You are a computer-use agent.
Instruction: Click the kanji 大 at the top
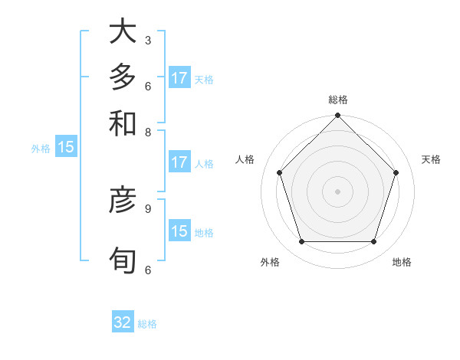click(123, 31)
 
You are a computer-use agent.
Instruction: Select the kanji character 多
click(123, 77)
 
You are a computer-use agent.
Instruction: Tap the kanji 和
click(123, 123)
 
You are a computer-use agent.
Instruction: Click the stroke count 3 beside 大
click(147, 40)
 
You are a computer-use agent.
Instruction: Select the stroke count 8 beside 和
click(147, 131)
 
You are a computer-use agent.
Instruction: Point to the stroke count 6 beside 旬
click(147, 270)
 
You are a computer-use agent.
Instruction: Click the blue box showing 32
click(123, 322)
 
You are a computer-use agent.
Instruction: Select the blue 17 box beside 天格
click(179, 78)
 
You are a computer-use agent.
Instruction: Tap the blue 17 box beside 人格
click(179, 162)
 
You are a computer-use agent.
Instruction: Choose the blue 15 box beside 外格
click(66, 148)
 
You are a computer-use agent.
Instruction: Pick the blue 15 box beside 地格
click(179, 231)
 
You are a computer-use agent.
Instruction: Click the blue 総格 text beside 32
click(147, 324)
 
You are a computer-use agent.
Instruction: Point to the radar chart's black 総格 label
click(337, 100)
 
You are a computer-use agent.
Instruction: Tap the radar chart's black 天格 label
click(431, 159)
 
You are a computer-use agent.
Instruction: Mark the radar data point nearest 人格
click(280, 172)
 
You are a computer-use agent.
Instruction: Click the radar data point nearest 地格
click(373, 241)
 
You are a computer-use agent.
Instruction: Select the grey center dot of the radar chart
click(337, 191)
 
